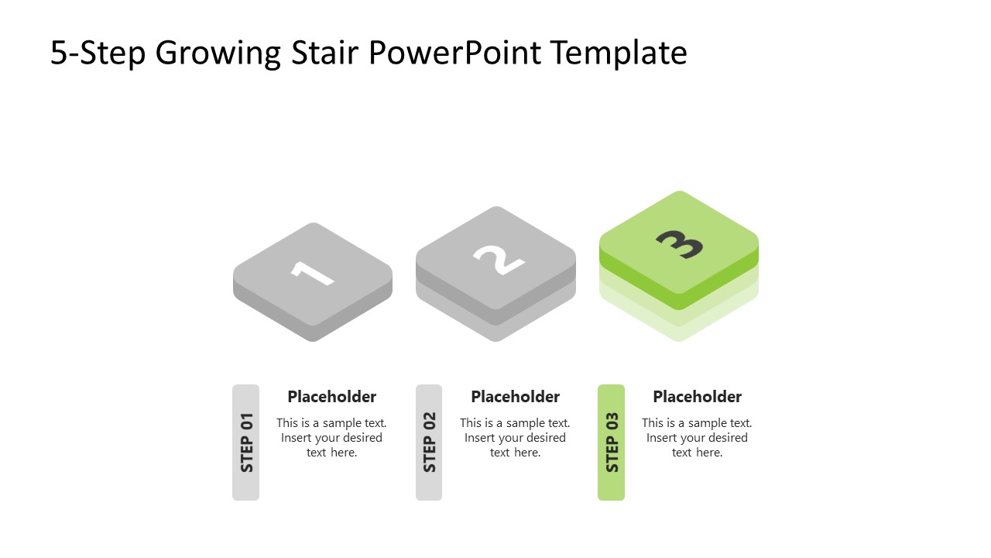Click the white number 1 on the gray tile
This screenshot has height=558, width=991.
click(x=312, y=273)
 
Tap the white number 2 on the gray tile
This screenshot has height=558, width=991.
click(x=498, y=258)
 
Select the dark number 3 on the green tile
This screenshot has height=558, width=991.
click(x=680, y=243)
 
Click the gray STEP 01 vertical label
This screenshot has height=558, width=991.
click(x=246, y=443)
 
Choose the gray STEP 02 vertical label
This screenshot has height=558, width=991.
click(x=429, y=443)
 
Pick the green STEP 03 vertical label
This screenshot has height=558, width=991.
click(x=612, y=443)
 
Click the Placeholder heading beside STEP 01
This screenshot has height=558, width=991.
click(x=331, y=397)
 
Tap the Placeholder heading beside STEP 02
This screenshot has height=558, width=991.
click(x=515, y=397)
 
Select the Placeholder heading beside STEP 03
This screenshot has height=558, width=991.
click(x=697, y=397)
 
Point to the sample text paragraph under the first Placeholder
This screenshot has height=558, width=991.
click(x=331, y=438)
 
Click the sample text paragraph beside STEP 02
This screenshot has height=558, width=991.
click(x=515, y=438)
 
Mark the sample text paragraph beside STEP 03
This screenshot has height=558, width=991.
click(x=697, y=438)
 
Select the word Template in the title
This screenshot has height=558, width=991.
click(x=619, y=53)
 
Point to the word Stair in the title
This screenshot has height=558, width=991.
click(x=324, y=53)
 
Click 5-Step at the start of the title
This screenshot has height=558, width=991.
click(x=98, y=53)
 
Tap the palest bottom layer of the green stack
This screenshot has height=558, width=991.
click(x=679, y=332)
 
